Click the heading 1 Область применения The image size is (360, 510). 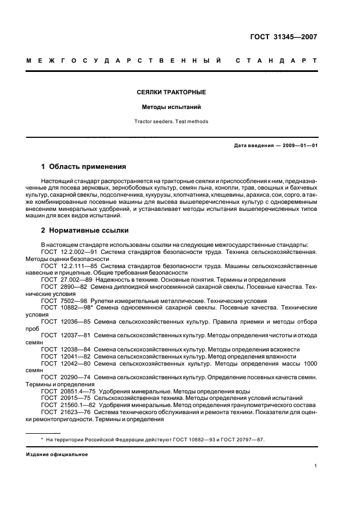(x=84, y=166)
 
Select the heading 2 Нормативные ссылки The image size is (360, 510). (x=85, y=230)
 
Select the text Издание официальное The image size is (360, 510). (x=57, y=454)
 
